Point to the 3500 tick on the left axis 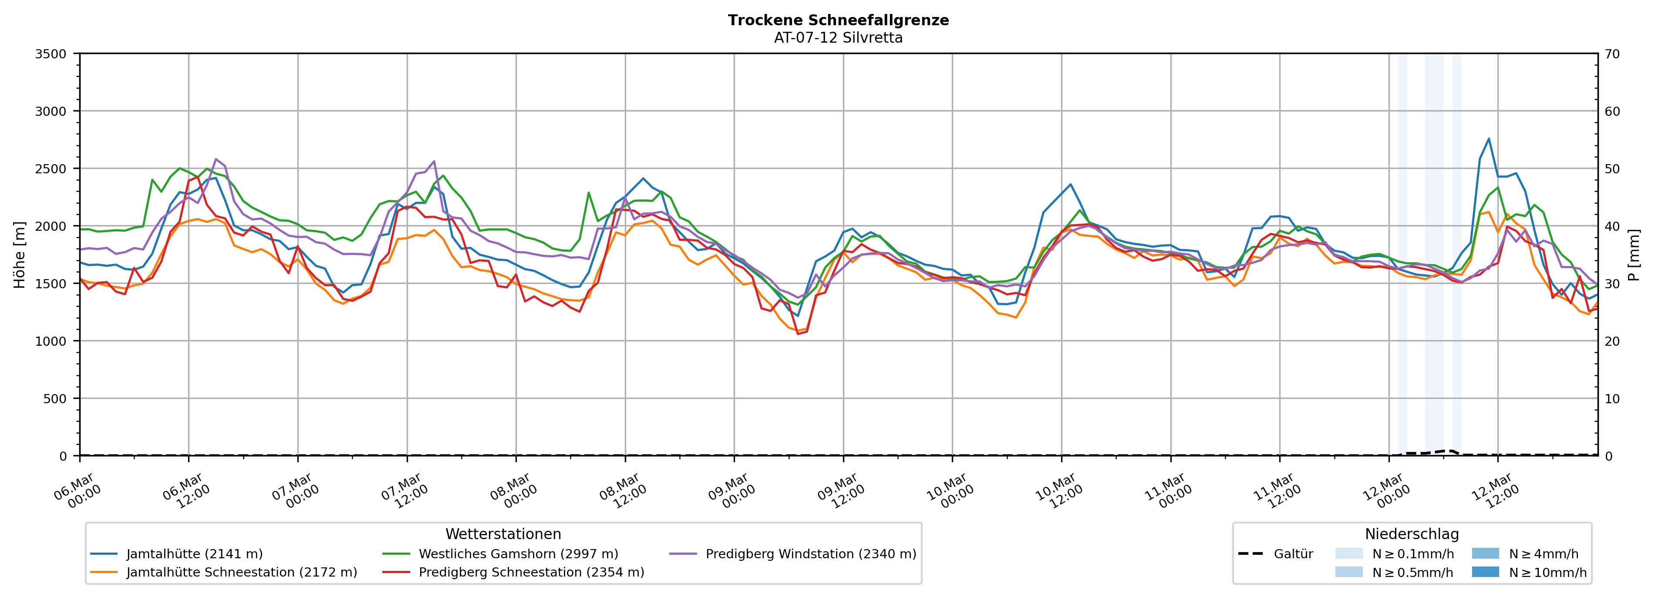pyautogui.click(x=51, y=54)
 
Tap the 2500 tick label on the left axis pyautogui.click(x=51, y=169)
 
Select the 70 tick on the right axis pyautogui.click(x=1612, y=54)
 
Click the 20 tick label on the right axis pyautogui.click(x=1612, y=341)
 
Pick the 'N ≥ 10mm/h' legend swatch pyautogui.click(x=1485, y=572)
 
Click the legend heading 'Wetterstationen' pyautogui.click(x=503, y=534)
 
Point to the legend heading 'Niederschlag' pyautogui.click(x=1412, y=534)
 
